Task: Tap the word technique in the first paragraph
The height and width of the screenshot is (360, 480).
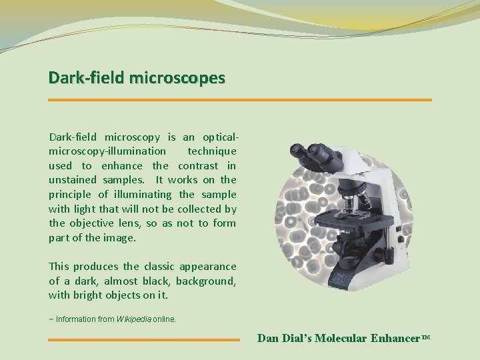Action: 211,151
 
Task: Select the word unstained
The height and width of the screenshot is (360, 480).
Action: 72,180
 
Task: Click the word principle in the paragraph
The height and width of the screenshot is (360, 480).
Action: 69,195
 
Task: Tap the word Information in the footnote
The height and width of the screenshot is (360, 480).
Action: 75,319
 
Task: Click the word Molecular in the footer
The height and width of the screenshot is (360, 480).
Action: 340,338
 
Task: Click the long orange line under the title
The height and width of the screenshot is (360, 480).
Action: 240,100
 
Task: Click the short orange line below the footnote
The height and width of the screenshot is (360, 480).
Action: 143,339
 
